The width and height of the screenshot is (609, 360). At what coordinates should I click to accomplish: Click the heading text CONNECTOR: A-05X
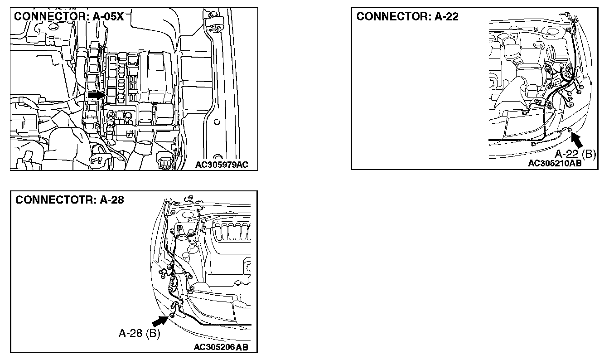69,16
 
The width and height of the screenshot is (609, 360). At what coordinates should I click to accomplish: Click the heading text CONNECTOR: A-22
407,16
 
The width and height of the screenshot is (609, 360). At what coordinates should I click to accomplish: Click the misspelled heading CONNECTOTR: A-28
69,200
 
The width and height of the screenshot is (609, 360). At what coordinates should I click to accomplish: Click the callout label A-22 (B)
575,154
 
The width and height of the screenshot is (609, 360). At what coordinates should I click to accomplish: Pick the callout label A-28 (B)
139,334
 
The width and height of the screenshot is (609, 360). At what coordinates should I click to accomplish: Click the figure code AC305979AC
222,165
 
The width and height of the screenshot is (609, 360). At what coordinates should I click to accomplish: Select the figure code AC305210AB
555,163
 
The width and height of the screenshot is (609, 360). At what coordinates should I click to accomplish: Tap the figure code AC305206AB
221,347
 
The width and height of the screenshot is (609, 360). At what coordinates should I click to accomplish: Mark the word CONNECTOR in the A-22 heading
392,16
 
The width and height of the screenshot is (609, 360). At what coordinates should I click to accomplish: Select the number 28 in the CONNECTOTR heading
117,200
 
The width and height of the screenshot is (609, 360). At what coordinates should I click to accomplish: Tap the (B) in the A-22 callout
589,154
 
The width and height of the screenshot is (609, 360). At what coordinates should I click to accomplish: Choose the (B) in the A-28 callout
153,334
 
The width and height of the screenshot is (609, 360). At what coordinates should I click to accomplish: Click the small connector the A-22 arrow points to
570,131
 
